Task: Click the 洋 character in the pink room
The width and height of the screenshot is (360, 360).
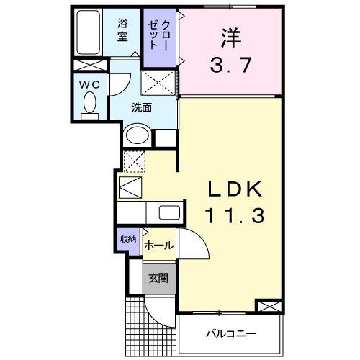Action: [229, 36]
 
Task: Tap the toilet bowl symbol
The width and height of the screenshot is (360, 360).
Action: [89, 106]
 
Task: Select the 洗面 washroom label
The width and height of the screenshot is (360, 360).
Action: [141, 108]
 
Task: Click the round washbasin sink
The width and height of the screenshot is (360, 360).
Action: [138, 135]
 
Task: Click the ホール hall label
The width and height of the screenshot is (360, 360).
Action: [158, 246]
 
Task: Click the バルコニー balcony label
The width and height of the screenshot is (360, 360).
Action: [230, 333]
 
